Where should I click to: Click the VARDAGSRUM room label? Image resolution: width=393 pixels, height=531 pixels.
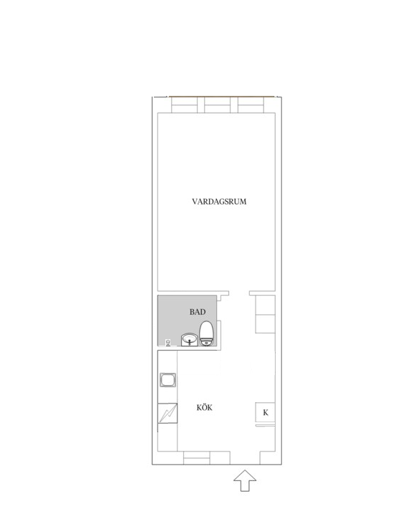219,202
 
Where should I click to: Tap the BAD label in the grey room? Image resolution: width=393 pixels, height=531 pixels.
198,312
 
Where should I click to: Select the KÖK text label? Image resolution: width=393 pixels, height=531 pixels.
204,409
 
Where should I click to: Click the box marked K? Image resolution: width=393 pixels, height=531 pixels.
266,413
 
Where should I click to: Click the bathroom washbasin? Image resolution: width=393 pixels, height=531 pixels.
190,339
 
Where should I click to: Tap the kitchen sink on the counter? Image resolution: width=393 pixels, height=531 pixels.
168,380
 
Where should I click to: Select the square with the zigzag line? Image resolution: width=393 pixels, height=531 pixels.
168,414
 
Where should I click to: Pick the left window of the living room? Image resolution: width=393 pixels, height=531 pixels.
186,105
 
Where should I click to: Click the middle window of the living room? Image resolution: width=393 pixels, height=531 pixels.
220,105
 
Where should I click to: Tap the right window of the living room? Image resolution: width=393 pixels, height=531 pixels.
255,105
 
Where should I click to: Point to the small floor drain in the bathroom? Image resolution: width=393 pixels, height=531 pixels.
168,342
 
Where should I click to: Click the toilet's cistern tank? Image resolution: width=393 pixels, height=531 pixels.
207,343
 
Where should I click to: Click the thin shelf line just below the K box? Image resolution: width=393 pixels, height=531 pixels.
266,426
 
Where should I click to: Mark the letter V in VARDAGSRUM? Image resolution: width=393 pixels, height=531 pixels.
195,202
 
